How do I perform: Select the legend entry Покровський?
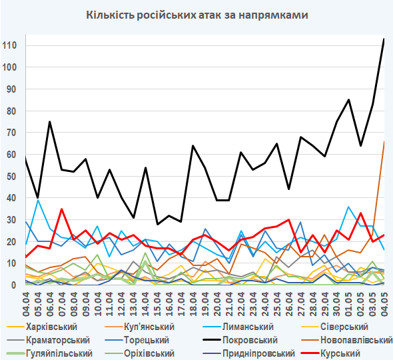click(x=250, y=340)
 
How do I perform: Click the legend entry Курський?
click(x=340, y=353)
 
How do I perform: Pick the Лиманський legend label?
click(x=248, y=327)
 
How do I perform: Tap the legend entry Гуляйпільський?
click(x=59, y=353)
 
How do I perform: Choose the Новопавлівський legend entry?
click(x=356, y=340)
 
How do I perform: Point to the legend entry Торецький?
click(x=147, y=340)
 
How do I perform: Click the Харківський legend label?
click(x=51, y=327)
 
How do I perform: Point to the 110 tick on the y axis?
click(x=9, y=45)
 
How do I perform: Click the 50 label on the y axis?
click(x=11, y=176)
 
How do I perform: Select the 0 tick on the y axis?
click(x=14, y=285)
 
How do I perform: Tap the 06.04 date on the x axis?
click(x=50, y=304)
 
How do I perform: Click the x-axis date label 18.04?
click(x=193, y=304)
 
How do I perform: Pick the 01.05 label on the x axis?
click(x=348, y=304)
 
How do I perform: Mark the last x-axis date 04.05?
click(x=384, y=304)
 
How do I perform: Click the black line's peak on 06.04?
click(x=50, y=122)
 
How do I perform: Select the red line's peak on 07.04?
click(x=62, y=209)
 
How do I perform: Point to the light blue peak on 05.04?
click(x=38, y=200)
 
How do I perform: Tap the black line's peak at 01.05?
click(x=348, y=100)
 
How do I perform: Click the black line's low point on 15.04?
click(x=157, y=224)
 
